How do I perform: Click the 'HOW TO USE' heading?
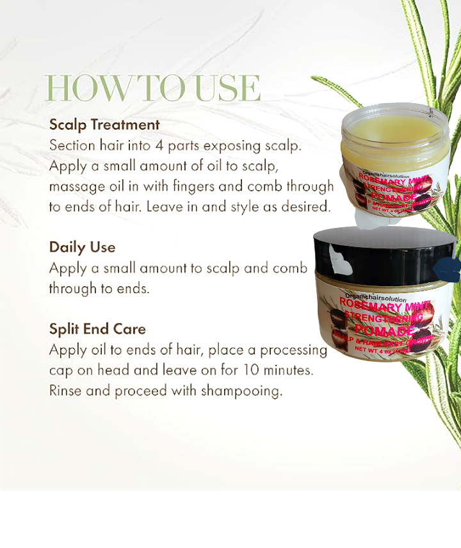point(153,88)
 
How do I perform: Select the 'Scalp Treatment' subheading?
point(104,124)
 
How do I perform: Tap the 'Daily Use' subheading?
point(82,247)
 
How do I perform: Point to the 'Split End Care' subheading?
point(97,329)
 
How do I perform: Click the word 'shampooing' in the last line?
point(245,391)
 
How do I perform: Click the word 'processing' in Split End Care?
point(293,350)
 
